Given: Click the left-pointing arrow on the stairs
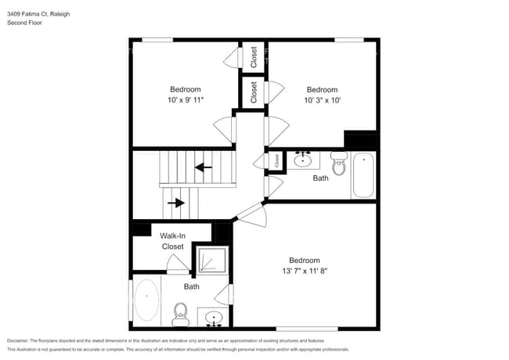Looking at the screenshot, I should click(x=204, y=167).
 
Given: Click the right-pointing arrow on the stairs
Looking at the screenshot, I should click(x=177, y=203).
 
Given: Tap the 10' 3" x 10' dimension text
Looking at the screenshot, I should click(x=322, y=100).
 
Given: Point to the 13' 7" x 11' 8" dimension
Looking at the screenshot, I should click(x=304, y=271).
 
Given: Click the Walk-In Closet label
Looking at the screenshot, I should click(x=172, y=241).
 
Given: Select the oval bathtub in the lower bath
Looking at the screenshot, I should click(x=146, y=301).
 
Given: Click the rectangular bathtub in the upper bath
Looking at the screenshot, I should click(x=363, y=175).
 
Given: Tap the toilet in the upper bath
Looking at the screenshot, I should click(x=339, y=165).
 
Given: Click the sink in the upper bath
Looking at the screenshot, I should click(x=303, y=160).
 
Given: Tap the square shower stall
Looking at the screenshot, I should click(x=211, y=260).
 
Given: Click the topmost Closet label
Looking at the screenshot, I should click(x=254, y=56).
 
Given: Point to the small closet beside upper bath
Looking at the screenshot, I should click(x=276, y=160).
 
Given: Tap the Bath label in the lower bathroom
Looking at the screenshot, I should click(x=192, y=287).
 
